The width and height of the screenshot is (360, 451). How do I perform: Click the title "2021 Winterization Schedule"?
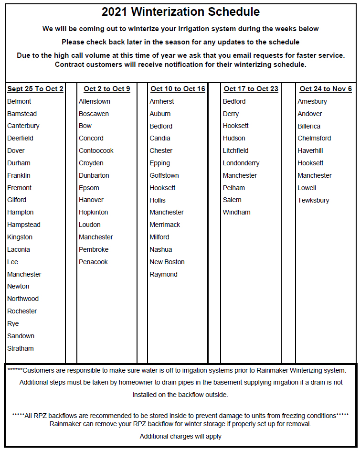(x=180, y=12)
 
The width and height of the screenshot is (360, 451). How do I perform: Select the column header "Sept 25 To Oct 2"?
(x=35, y=89)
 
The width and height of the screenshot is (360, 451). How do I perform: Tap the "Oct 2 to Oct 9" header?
(x=107, y=89)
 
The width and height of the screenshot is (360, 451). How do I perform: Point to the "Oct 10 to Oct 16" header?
(x=178, y=89)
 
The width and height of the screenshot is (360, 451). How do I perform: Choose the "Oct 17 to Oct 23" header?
(x=251, y=89)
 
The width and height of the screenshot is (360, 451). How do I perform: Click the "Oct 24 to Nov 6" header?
(x=326, y=89)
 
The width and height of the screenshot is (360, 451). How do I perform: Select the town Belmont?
(x=19, y=101)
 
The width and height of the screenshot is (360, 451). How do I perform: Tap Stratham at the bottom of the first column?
(x=21, y=348)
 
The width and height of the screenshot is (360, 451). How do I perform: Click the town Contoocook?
(x=96, y=150)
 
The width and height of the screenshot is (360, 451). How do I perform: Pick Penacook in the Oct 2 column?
(x=93, y=262)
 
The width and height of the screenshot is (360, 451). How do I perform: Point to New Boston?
(x=167, y=262)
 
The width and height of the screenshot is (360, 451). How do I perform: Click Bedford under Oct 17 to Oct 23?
(x=234, y=101)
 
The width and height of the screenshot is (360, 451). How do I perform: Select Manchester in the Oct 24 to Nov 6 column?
(x=314, y=175)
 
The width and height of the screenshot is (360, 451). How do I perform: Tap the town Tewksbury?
(x=313, y=200)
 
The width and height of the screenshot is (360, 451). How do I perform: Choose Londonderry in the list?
(x=241, y=163)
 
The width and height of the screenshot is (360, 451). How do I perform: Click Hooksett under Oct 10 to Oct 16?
(x=162, y=188)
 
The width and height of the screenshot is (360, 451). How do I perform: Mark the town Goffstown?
(x=164, y=175)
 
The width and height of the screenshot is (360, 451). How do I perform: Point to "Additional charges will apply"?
(x=180, y=436)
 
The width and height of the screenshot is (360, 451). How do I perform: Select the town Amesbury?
(x=312, y=101)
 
